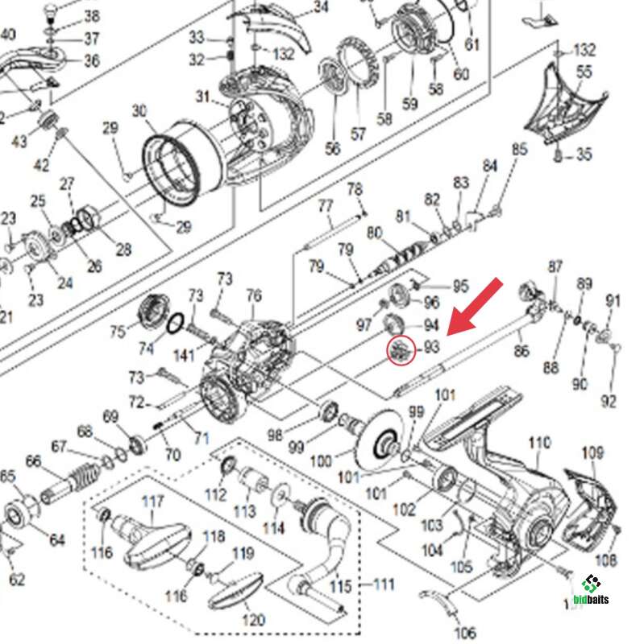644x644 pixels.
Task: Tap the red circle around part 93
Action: [x=401, y=350]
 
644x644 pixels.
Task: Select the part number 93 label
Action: [x=431, y=347]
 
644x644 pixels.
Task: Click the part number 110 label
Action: [x=539, y=442]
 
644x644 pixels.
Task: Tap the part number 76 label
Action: [x=254, y=296]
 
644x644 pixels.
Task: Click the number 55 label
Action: [x=584, y=72]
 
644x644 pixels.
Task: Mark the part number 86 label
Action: [x=522, y=351]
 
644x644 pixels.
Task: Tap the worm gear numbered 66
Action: [x=73, y=482]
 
